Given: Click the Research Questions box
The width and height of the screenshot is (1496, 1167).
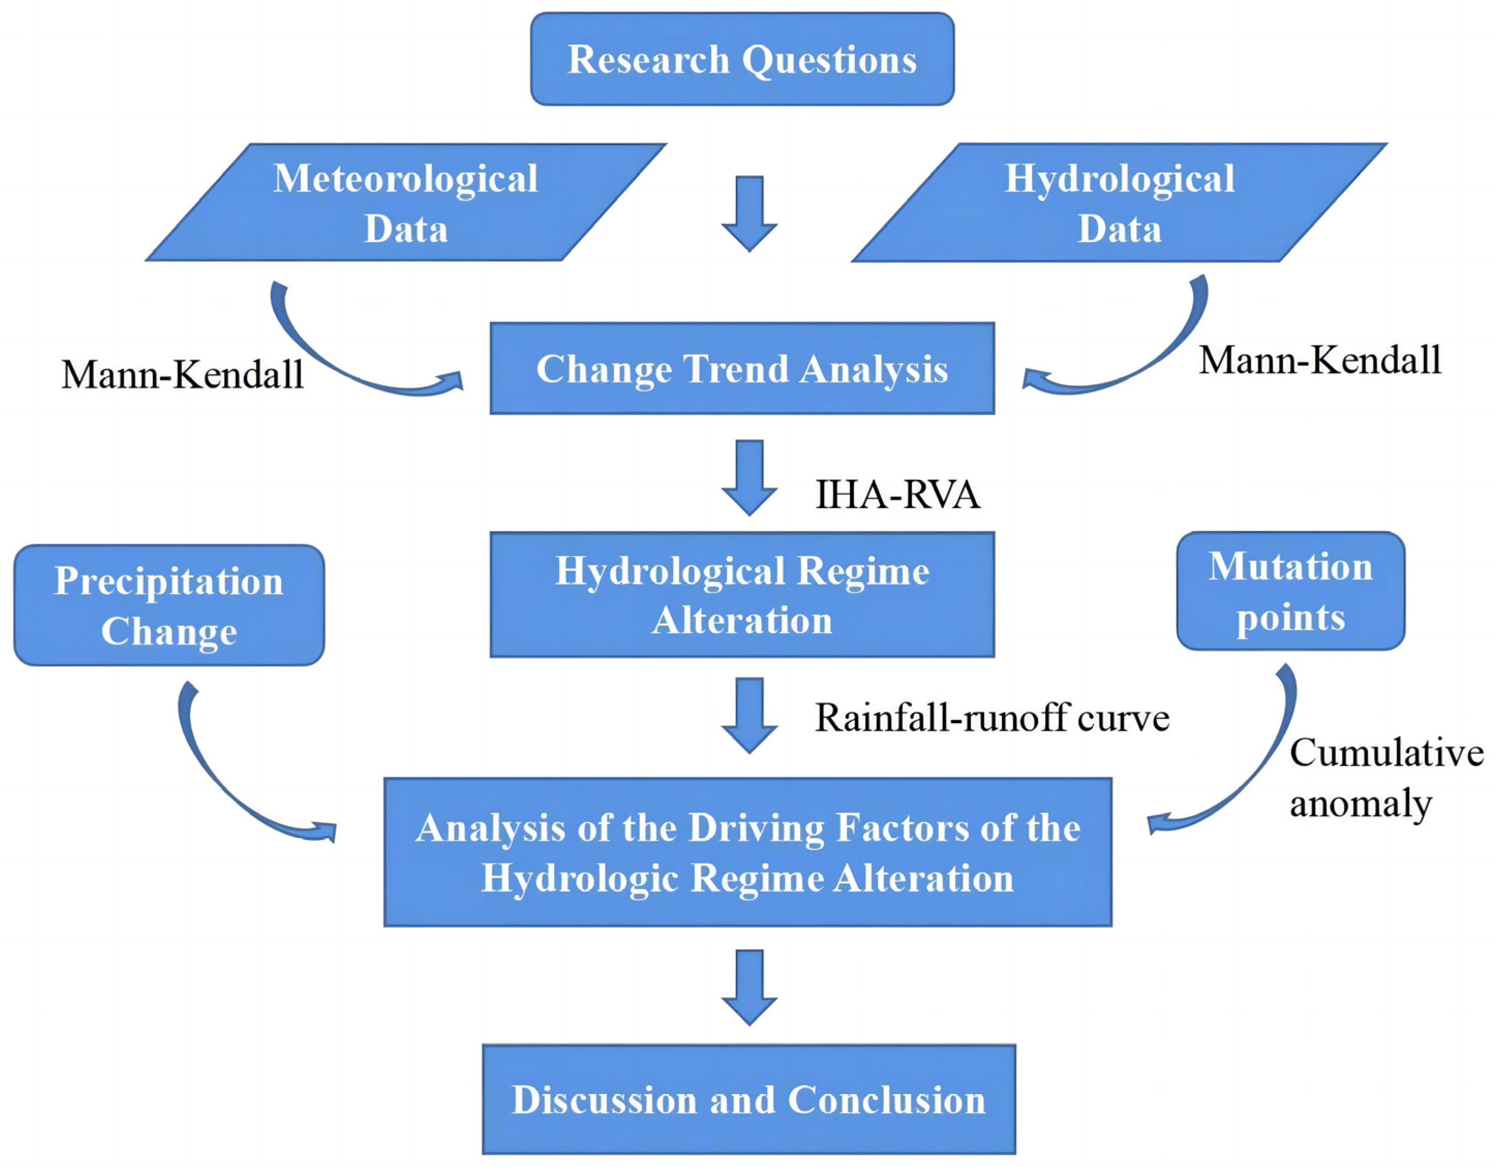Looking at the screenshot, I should [x=742, y=59].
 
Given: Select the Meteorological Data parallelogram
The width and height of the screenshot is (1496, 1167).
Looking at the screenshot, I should [x=405, y=203].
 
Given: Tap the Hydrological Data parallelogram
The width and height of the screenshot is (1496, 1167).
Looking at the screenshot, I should [x=1119, y=203].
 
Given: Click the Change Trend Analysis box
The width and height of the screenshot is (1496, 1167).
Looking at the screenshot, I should [x=742, y=368].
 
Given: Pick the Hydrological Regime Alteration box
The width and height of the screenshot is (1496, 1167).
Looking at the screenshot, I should [x=742, y=594].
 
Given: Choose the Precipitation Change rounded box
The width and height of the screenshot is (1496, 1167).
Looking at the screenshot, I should [x=169, y=605].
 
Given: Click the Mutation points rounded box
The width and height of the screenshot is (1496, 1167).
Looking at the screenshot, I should [x=1290, y=591].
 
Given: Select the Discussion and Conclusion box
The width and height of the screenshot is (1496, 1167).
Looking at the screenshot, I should [x=749, y=1099].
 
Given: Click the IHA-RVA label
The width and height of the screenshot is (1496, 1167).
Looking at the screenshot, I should [x=897, y=495].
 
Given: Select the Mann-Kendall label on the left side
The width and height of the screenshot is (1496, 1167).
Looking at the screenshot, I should [x=182, y=375].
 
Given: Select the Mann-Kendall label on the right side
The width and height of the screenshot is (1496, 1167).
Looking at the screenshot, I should [x=1319, y=360].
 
